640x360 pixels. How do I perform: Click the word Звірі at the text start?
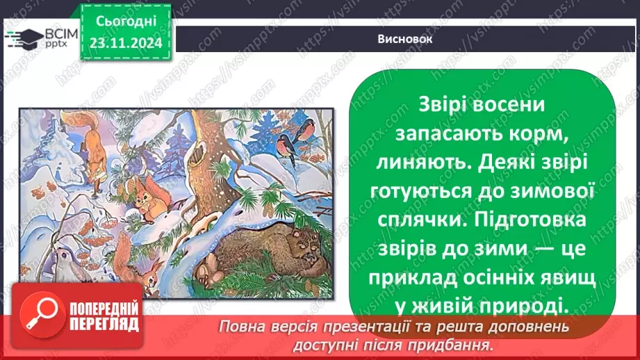(446, 103)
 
